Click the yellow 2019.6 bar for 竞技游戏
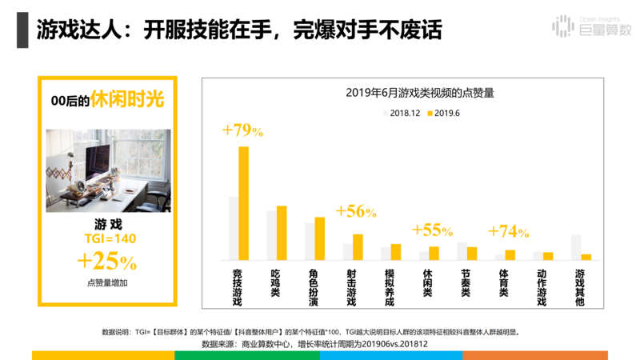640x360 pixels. click(x=243, y=203)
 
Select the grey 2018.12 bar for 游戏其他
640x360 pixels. click(x=575, y=247)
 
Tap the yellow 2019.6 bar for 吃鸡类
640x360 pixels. click(x=282, y=233)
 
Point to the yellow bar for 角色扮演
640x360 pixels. click(x=319, y=238)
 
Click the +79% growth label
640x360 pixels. click(x=243, y=130)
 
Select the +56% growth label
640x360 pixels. click(x=356, y=211)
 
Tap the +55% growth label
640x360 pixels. click(x=432, y=230)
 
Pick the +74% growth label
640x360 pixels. click(x=508, y=231)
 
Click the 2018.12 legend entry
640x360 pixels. click(x=402, y=114)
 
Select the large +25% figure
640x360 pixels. click(x=106, y=261)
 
